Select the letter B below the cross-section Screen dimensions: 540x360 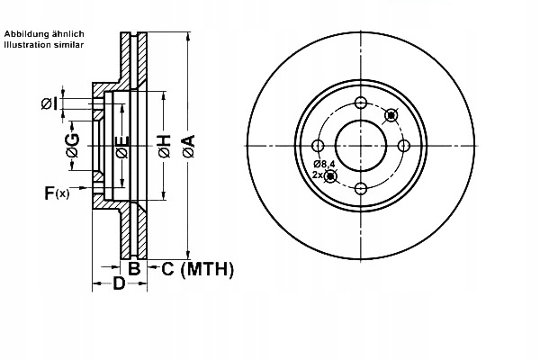pos(132,268)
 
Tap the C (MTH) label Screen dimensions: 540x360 pos(196,268)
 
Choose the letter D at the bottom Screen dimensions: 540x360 pos(119,285)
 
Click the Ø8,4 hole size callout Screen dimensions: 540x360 pos(325,164)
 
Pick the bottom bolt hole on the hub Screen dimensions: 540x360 pos(361,188)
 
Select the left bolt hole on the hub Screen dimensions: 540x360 pos(319,146)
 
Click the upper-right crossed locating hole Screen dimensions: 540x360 pos(391,115)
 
